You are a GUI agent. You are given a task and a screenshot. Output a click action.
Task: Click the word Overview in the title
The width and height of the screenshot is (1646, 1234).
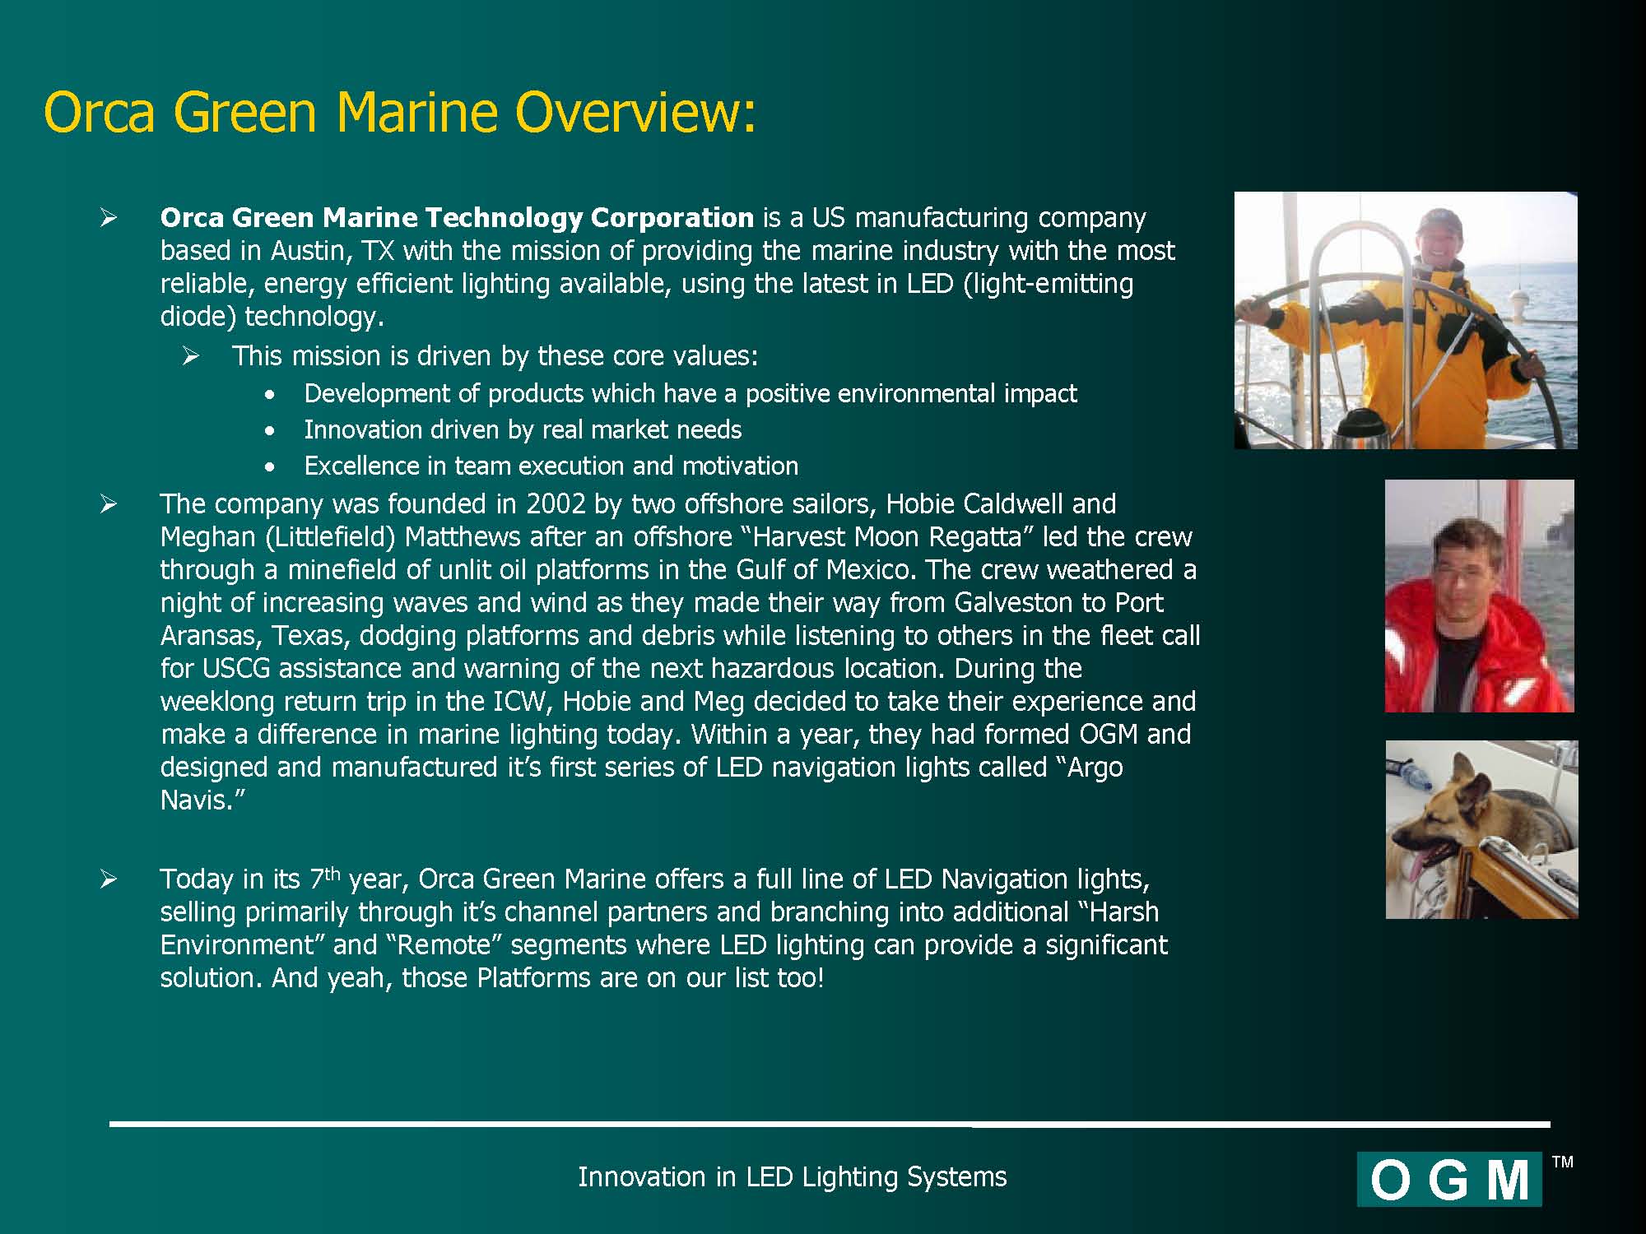coord(635,112)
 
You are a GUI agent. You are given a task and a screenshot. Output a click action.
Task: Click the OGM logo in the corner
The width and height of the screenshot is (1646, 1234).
coord(1449,1180)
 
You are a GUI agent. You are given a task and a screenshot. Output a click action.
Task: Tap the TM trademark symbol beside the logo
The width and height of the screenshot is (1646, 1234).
coord(1562,1162)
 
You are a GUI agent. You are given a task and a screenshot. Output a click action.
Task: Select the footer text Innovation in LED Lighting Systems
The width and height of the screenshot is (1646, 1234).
coord(792,1177)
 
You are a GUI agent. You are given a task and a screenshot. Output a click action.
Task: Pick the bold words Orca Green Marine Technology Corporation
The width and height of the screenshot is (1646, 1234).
coord(457,218)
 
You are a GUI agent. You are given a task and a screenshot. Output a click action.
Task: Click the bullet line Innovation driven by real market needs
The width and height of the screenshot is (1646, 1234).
coord(523,429)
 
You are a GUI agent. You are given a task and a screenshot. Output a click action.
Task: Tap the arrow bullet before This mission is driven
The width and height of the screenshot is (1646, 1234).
coord(191,355)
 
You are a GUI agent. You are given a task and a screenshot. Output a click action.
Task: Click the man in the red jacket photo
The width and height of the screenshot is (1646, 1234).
coord(1479,596)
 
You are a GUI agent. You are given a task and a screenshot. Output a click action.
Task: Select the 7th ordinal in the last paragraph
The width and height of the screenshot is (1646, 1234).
coord(324,877)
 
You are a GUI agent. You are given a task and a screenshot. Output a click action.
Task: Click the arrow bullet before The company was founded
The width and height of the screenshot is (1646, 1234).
coord(109,503)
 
